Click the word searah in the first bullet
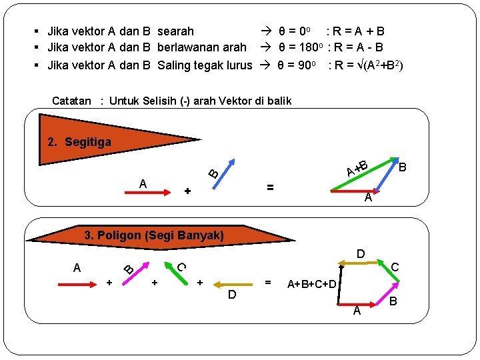pos(175,31)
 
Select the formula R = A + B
pos(355,31)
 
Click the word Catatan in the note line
pos(71,101)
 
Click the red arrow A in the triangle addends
pos(147,192)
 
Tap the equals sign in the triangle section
pos(270,187)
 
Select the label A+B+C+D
pos(311,285)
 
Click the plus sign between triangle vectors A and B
pos(187,192)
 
